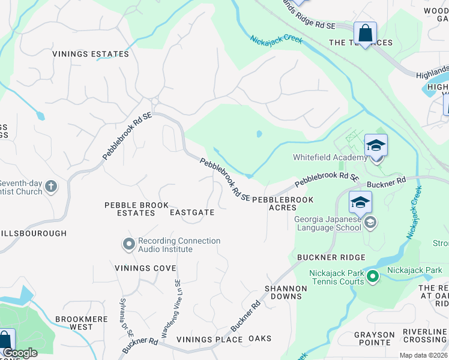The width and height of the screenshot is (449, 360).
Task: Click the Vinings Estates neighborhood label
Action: [x=91, y=54]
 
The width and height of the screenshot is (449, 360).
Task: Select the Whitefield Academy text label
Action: [x=330, y=158]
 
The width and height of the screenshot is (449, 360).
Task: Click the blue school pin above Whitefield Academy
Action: [x=376, y=146]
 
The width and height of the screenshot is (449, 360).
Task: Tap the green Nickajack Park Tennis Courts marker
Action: [x=373, y=277]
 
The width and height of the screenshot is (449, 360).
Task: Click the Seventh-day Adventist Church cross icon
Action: [x=51, y=187]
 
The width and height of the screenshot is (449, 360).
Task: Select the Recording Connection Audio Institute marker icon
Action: [x=128, y=244]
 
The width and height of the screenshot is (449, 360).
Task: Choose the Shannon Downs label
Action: [x=286, y=293]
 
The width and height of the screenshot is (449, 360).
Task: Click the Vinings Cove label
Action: [x=146, y=268]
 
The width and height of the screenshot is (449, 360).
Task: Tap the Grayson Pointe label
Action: [x=374, y=338]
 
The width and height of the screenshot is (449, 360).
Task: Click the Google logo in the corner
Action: [x=20, y=353]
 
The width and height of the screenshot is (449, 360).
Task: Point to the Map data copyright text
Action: [x=423, y=356]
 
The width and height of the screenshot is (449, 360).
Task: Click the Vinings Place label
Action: [x=209, y=340]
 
